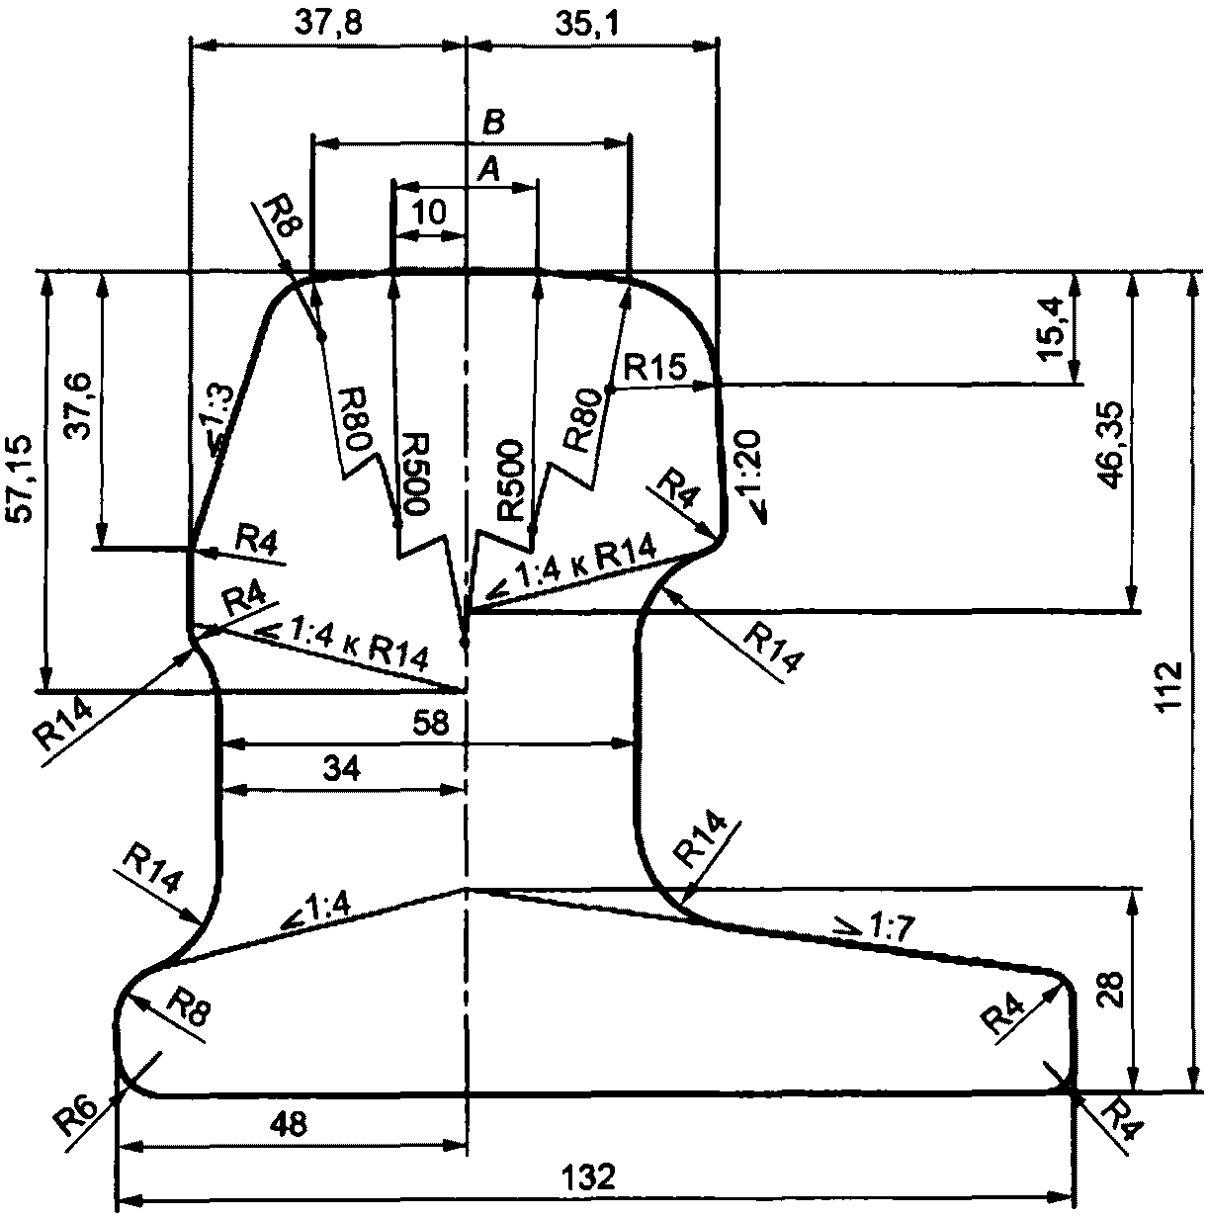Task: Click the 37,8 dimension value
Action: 328,24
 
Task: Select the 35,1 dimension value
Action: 588,24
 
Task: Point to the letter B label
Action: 493,123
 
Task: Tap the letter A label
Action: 488,170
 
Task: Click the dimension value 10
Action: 429,213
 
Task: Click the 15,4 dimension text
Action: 1052,327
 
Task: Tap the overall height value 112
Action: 1168,687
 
